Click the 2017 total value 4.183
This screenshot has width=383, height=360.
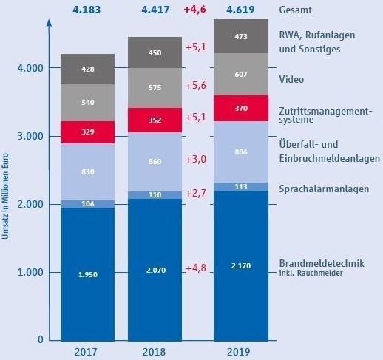pos(88,10)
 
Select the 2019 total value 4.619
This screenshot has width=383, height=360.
pos(240,10)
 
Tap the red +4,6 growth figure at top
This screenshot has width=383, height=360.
pos(197,10)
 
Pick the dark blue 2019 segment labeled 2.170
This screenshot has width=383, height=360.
pos(240,265)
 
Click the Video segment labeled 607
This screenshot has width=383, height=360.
pos(240,74)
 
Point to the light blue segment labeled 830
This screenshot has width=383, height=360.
pos(88,171)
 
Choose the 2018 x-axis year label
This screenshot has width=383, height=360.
pos(155,350)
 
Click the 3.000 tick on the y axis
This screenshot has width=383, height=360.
pos(29,136)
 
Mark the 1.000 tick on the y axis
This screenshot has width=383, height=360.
pos(29,272)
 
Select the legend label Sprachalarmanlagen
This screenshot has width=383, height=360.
pos(324,189)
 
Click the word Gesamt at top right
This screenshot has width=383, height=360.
pos(296,10)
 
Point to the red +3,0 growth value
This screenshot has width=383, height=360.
pos(197,160)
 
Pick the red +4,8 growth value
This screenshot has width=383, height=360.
pos(197,268)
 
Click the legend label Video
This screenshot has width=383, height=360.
pos(292,78)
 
